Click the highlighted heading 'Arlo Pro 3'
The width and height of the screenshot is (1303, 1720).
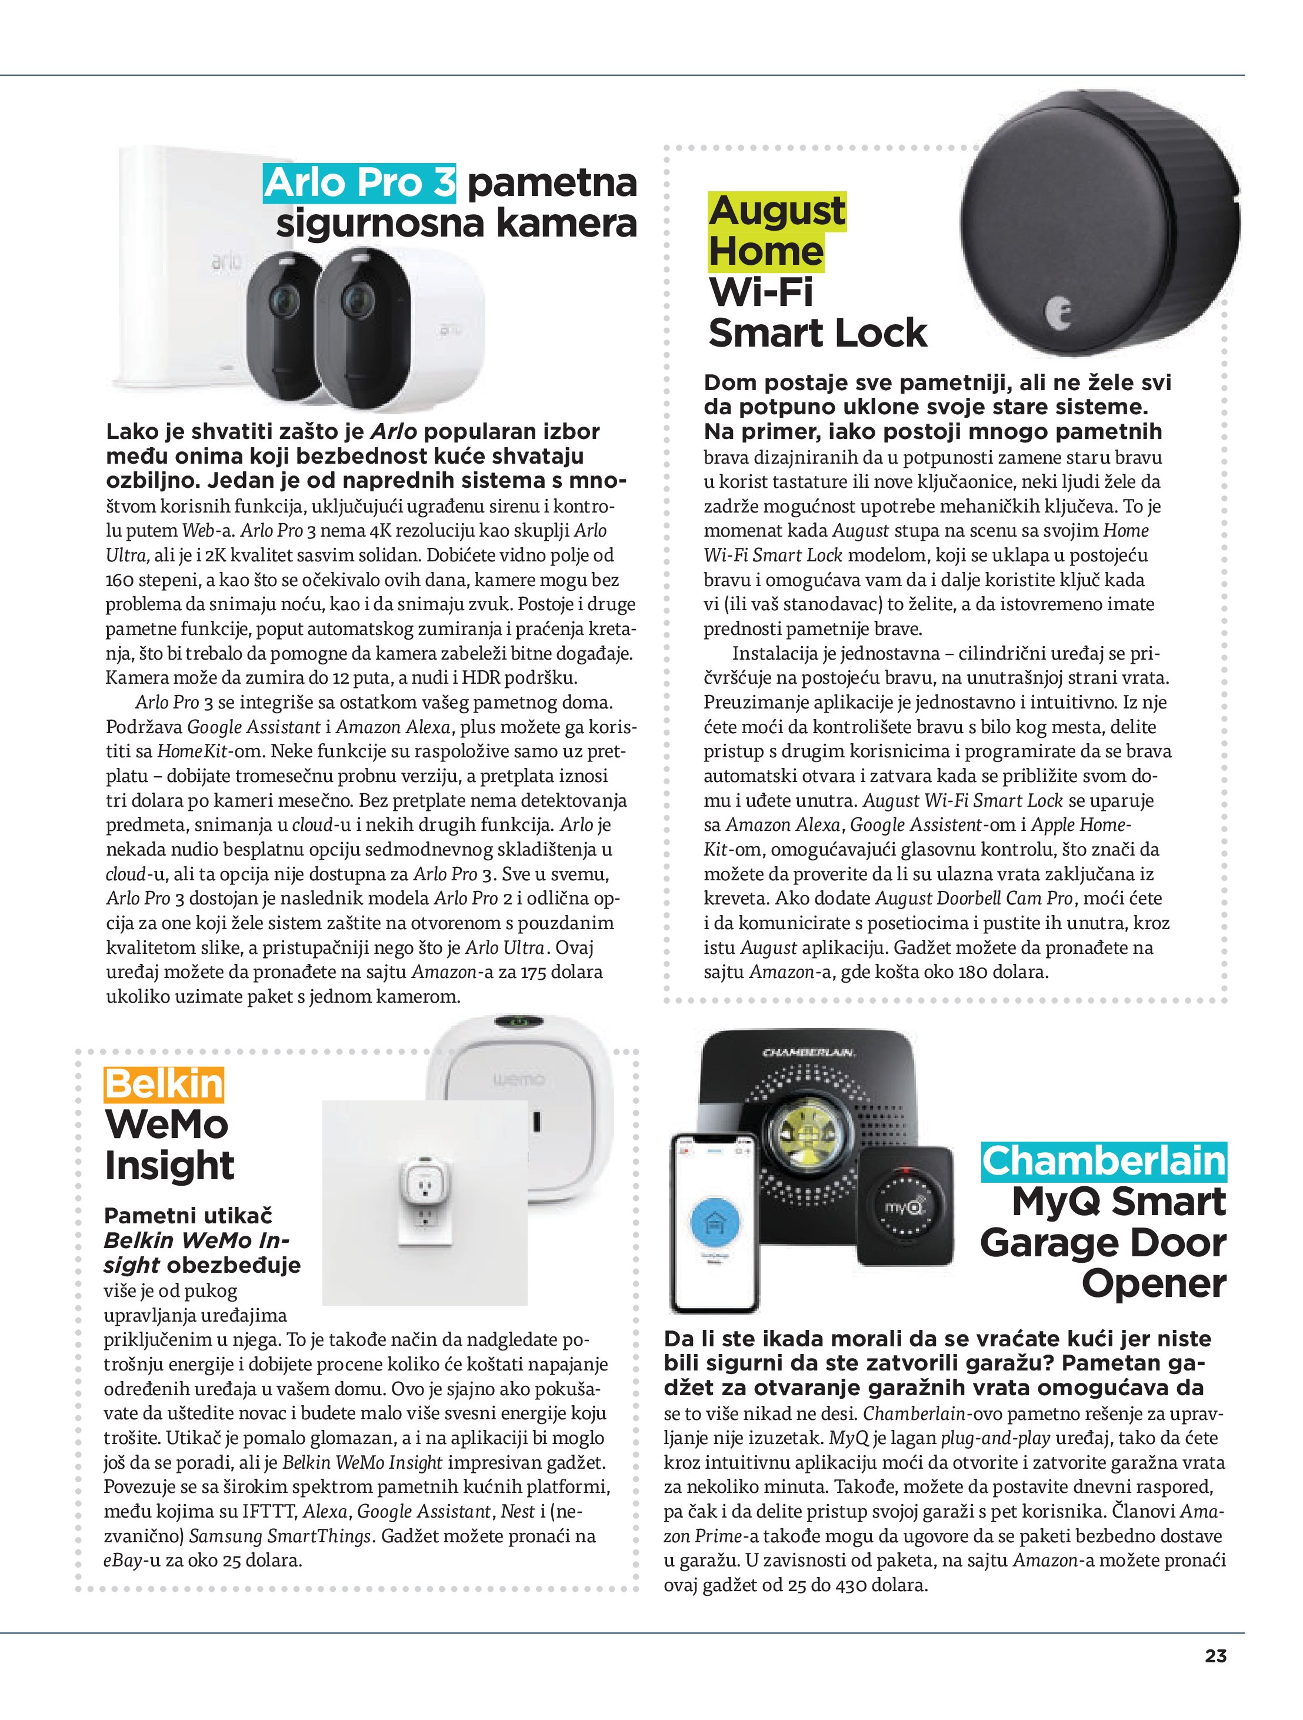(360, 184)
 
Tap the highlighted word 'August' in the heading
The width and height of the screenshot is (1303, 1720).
(776, 211)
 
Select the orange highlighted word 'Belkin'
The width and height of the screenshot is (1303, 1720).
(164, 1084)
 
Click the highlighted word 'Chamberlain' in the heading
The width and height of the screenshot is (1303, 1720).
(1103, 1162)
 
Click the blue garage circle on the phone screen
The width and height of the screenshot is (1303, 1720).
(714, 1222)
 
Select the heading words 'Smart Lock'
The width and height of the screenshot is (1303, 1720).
(817, 334)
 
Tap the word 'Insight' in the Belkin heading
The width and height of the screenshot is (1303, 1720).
(169, 1166)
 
